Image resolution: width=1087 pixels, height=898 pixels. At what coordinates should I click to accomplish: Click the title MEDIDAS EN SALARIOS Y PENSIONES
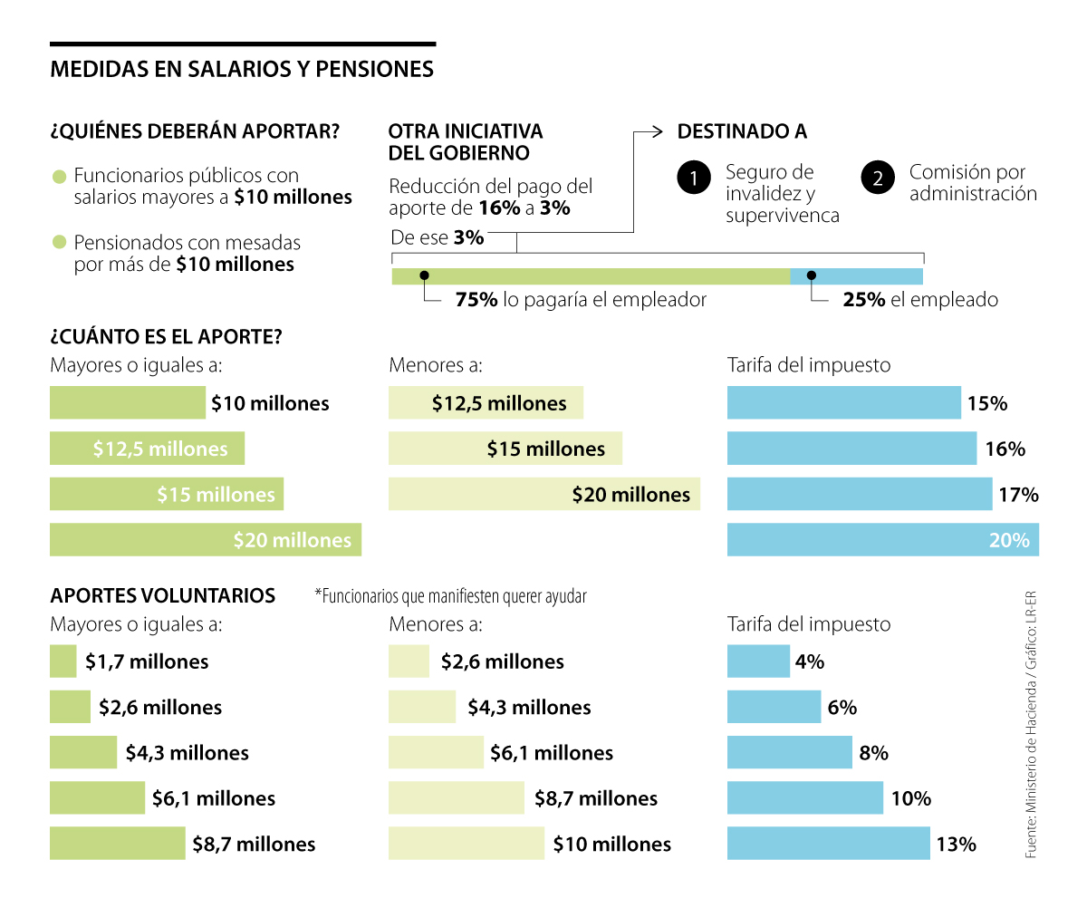pos(242,70)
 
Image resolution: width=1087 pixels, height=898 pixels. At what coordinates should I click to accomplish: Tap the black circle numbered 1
pos(694,179)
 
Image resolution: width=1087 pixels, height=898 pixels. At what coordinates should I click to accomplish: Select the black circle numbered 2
pos(877,179)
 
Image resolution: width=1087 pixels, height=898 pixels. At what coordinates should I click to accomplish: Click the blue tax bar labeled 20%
pos(882,539)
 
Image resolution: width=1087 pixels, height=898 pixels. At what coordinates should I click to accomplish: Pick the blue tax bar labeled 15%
pos(843,403)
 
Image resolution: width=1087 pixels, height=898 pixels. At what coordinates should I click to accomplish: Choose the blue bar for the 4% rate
pos(758,661)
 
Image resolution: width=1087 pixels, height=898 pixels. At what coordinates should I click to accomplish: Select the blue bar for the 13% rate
pos(828,844)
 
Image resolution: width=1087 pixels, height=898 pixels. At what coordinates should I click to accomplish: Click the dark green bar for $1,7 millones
pos(63,661)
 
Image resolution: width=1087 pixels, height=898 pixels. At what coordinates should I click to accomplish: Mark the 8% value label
pos(873,753)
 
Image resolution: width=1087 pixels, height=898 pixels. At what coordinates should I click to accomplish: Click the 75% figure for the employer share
pos(476,300)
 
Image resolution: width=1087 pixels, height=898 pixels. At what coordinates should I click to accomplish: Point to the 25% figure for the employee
pos(863,300)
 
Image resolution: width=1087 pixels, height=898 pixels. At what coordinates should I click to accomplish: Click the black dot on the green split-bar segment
pos(424,275)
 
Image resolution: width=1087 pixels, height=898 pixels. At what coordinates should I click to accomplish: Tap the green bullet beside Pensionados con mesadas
pos(60,242)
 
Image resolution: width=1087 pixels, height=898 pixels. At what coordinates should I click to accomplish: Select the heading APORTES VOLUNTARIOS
pos(163,595)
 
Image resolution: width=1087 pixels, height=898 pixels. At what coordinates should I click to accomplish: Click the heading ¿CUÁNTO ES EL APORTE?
pos(166,336)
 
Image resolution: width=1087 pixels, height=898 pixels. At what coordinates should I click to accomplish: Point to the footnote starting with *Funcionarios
pos(450,596)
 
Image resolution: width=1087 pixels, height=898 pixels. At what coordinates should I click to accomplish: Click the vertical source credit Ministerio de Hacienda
pos(1031,725)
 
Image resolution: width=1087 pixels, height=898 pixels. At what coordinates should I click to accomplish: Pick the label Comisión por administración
pos(973,182)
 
